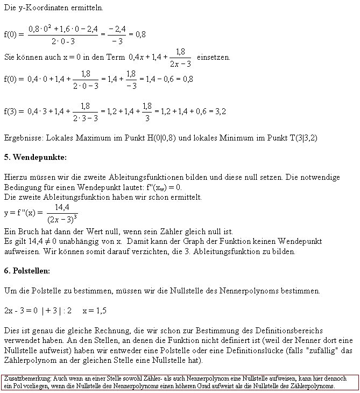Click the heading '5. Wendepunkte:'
pyautogui.click(x=35, y=157)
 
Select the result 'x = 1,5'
pyautogui.click(x=95, y=311)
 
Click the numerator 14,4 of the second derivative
pyautogui.click(x=62, y=207)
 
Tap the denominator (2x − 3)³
pyautogui.click(x=62, y=219)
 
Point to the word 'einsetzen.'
pyautogui.click(x=214, y=57)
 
